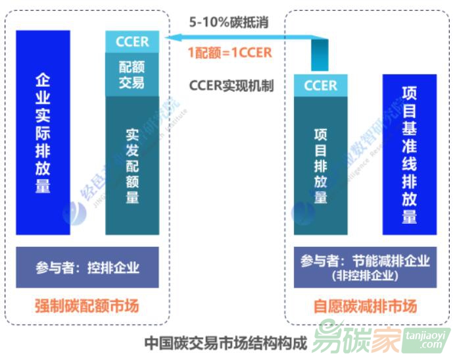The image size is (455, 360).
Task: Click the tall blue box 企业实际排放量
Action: point(43,132)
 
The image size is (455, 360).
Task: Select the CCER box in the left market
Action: point(132,41)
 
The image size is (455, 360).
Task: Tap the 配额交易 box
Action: point(132,74)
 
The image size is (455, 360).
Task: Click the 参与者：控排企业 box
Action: point(87,267)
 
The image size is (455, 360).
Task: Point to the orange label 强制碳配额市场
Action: point(87,306)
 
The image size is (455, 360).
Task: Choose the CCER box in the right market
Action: point(320,86)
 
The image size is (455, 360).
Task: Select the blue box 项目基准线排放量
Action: point(409,155)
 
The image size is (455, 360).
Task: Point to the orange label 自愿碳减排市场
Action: point(365,306)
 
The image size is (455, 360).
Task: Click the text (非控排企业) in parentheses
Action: point(366,276)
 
